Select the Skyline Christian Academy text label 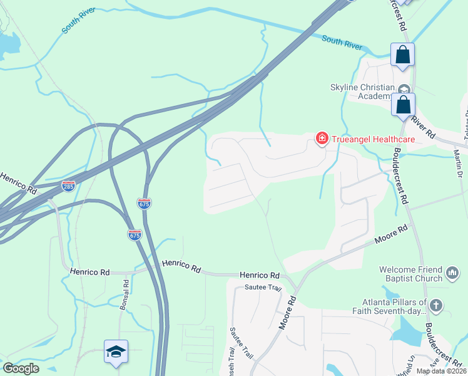363,91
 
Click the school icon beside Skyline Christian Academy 404,89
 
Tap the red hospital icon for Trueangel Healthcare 322,138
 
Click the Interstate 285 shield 69,186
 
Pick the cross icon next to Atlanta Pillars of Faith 436,306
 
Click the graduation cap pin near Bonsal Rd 116,352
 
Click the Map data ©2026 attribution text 441,371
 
